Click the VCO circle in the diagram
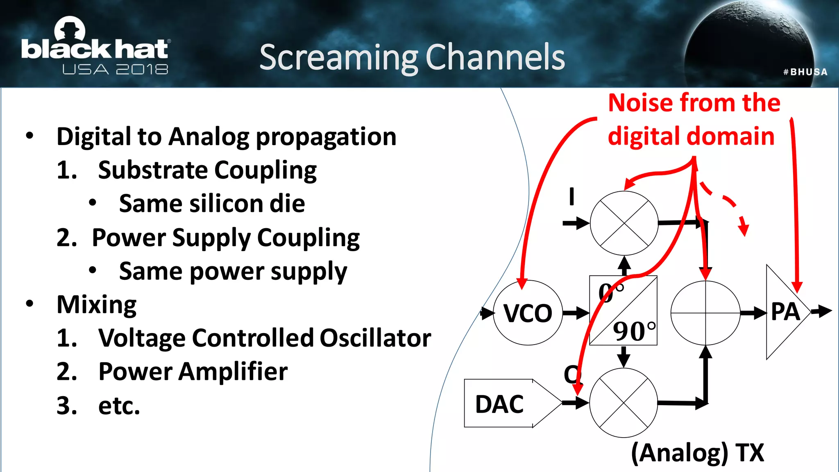click(528, 313)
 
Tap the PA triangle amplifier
click(785, 312)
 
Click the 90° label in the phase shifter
click(634, 331)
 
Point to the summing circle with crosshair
click(705, 313)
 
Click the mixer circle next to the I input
click(624, 223)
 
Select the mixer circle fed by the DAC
click(624, 403)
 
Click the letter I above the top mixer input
click(571, 196)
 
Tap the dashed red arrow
click(729, 207)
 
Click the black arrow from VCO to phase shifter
click(576, 313)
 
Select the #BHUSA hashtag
click(805, 72)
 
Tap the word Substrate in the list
click(152, 170)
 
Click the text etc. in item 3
click(119, 406)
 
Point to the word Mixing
click(97, 304)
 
